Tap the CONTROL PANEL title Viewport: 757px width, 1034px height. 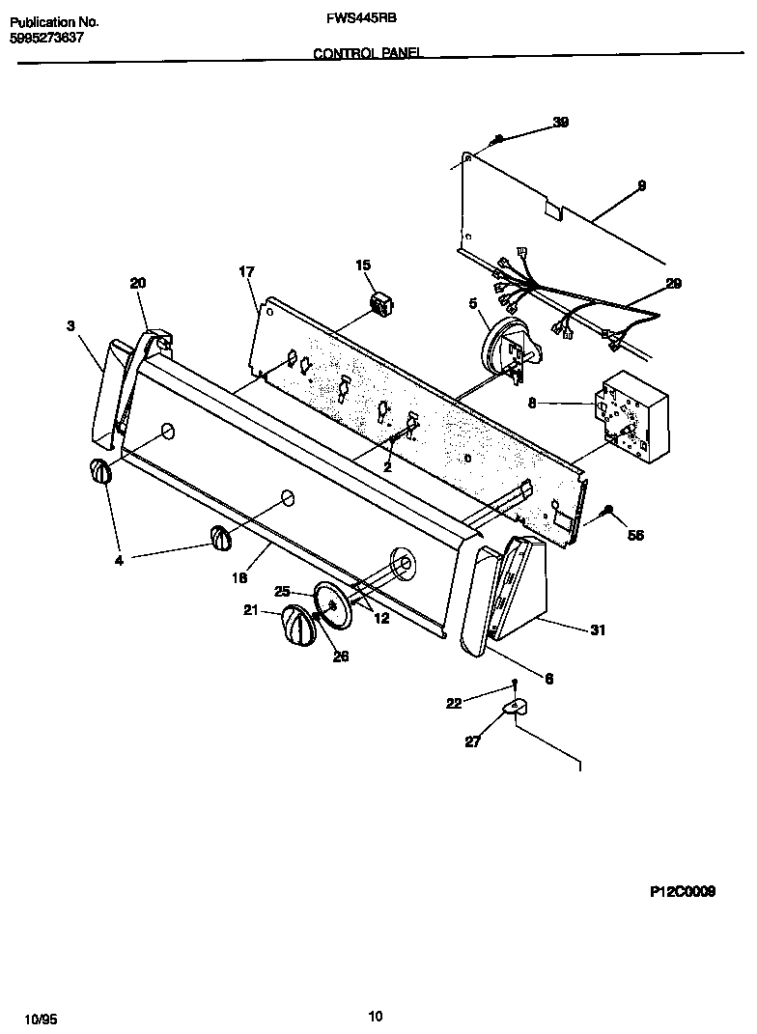[368, 55]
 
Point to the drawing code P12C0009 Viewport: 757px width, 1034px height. [682, 893]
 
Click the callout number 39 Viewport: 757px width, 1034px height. [560, 122]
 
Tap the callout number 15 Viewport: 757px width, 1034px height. [363, 265]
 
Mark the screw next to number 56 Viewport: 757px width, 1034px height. [608, 510]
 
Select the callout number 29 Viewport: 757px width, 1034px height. [673, 283]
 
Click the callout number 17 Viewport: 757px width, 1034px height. [246, 271]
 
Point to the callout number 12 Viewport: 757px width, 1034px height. [381, 618]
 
